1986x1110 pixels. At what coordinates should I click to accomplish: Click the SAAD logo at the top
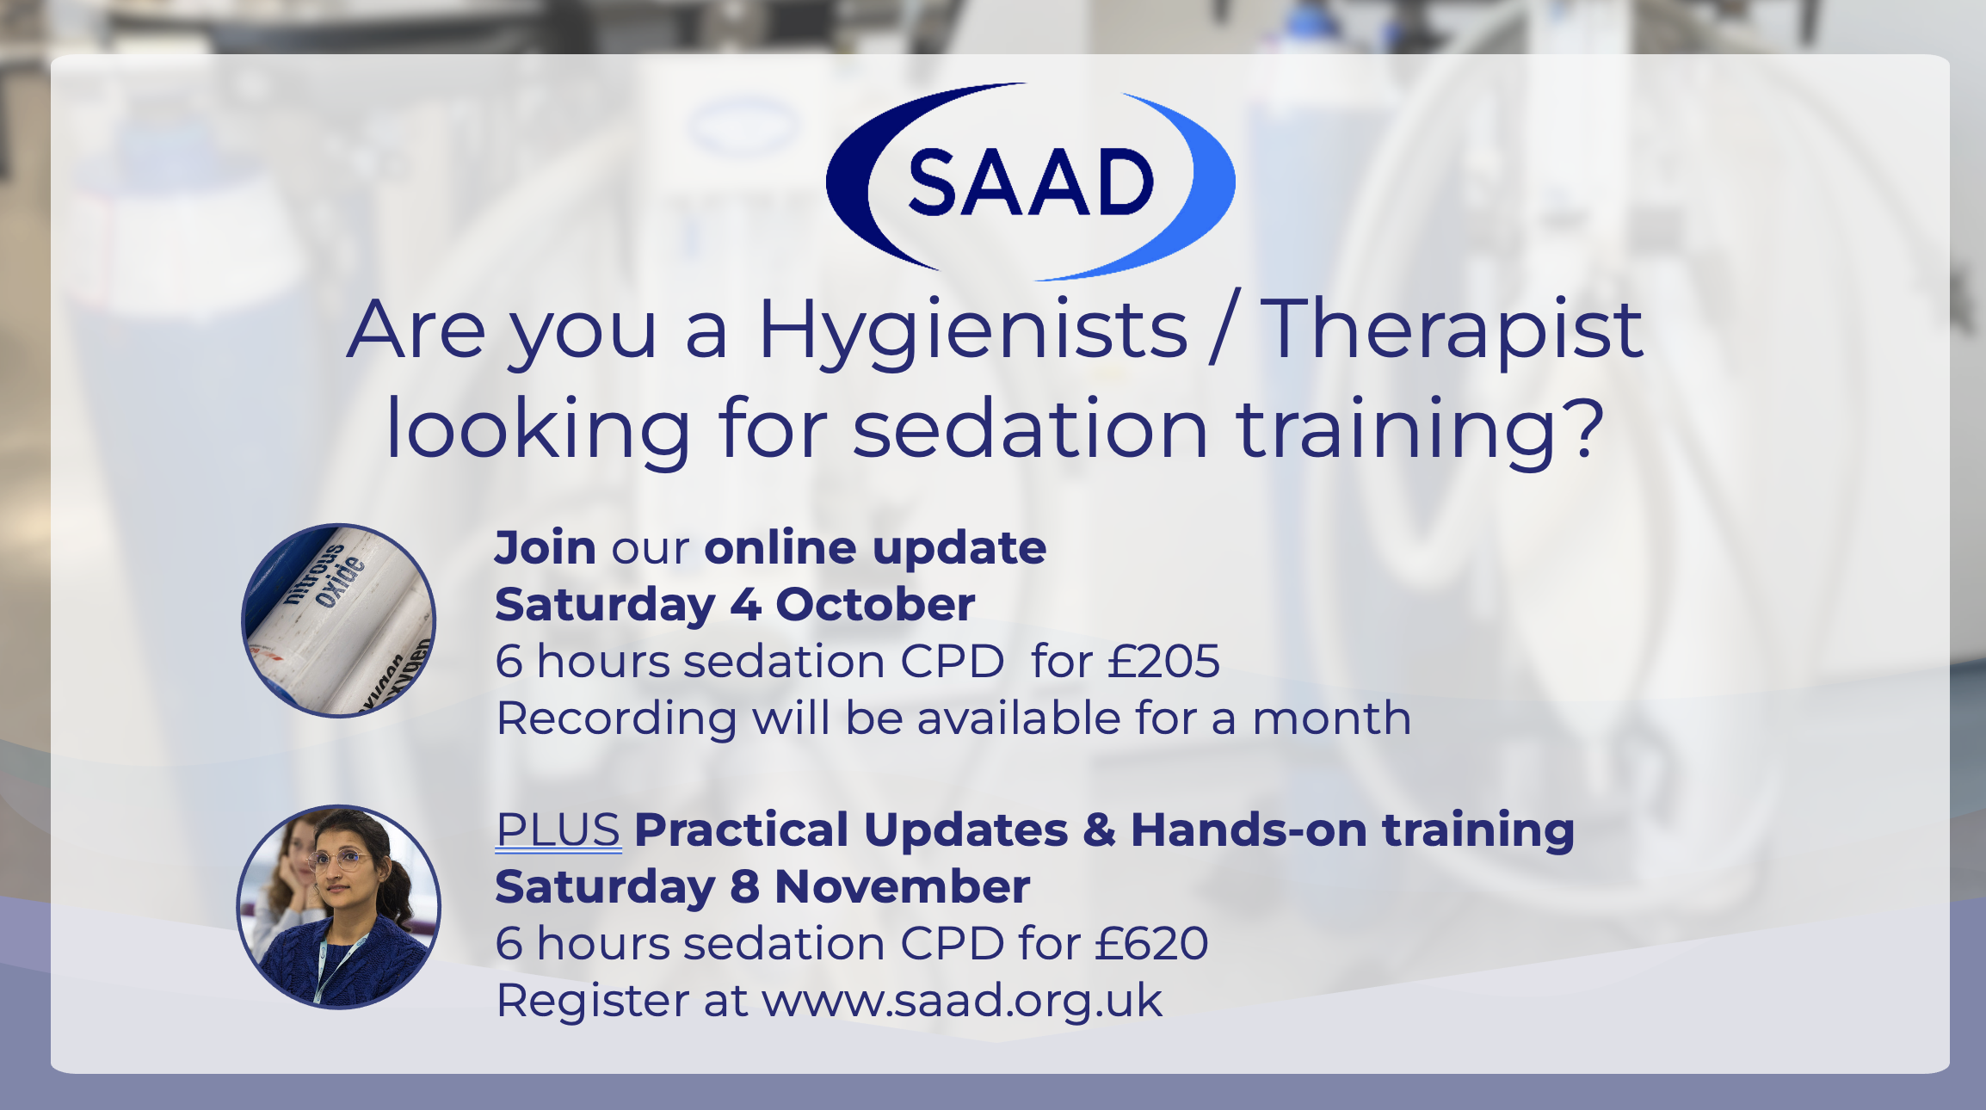click(1030, 182)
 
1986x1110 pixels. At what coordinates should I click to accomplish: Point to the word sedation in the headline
click(1031, 428)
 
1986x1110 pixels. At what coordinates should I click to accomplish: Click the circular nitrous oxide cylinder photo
click(338, 620)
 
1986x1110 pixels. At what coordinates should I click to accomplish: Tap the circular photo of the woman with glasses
click(339, 907)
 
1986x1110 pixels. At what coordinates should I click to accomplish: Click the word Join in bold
click(546, 548)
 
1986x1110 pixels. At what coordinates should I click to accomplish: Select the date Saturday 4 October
click(735, 604)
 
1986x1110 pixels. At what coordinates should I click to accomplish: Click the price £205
click(1163, 661)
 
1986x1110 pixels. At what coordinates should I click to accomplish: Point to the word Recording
click(616, 718)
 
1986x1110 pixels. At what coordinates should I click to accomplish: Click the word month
click(1331, 718)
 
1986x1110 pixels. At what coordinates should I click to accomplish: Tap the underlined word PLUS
click(558, 830)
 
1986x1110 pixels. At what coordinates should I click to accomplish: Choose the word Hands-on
click(1249, 829)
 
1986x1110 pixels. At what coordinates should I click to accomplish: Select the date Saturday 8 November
click(762, 886)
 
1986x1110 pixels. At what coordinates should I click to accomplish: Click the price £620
click(1151, 943)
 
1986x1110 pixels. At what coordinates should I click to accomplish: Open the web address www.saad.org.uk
click(962, 1002)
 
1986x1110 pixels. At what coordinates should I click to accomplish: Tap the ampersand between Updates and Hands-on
click(1099, 830)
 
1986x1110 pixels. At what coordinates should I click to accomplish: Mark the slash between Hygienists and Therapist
click(1224, 328)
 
